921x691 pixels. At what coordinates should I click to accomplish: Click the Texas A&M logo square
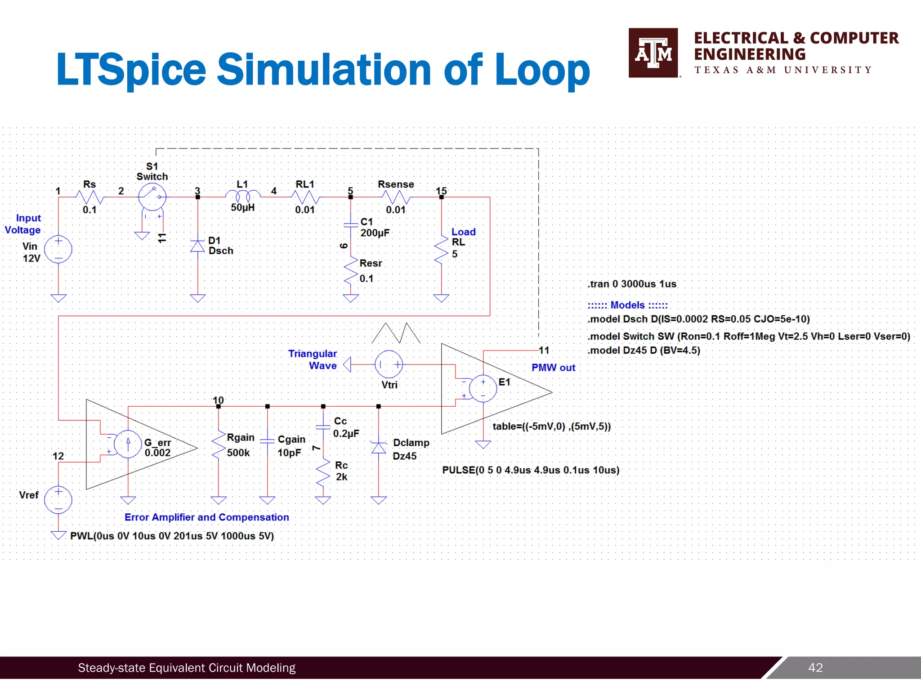pyautogui.click(x=653, y=53)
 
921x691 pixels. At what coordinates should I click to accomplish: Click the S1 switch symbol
pyautogui.click(x=152, y=197)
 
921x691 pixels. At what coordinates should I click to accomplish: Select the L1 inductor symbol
pyautogui.click(x=243, y=196)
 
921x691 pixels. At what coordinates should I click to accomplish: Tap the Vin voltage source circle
pyautogui.click(x=58, y=249)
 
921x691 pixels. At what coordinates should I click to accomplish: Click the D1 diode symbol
pyautogui.click(x=197, y=247)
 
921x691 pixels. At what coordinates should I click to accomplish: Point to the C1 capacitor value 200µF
pyautogui.click(x=375, y=233)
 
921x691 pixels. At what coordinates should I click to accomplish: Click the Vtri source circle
pyautogui.click(x=389, y=364)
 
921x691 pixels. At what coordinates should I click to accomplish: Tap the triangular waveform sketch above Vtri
pyautogui.click(x=396, y=333)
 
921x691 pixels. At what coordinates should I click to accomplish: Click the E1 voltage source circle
pyautogui.click(x=483, y=388)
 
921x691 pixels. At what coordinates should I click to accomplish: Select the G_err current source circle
pyautogui.click(x=128, y=444)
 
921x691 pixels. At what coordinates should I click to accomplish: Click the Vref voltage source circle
pyautogui.click(x=58, y=500)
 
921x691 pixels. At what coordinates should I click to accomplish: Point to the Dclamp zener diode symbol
pyautogui.click(x=379, y=448)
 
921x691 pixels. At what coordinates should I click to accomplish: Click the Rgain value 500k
pyautogui.click(x=238, y=453)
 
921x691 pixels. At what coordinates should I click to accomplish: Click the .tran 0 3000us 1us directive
pyautogui.click(x=631, y=284)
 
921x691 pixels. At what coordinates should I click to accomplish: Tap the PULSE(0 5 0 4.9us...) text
pyautogui.click(x=531, y=470)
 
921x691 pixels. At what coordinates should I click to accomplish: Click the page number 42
pyautogui.click(x=815, y=668)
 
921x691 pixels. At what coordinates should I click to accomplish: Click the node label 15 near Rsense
pyautogui.click(x=441, y=191)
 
